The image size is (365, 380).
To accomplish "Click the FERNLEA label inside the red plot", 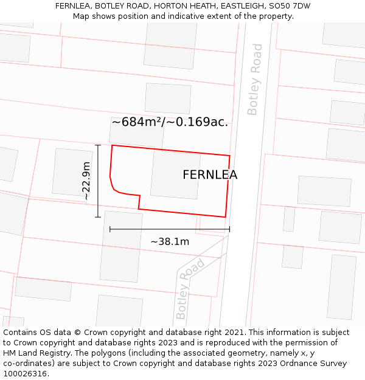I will coord(210,175).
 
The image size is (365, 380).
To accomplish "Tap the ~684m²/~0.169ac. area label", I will coord(169,122).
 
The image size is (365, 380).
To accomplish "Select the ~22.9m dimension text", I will coord(86,181).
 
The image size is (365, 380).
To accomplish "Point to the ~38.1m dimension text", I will coord(170,241).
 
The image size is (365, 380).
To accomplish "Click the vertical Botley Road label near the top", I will coord(254,79).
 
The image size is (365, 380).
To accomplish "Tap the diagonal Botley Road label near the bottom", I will coord(190,289).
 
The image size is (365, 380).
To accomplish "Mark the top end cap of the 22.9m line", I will coord(98,145).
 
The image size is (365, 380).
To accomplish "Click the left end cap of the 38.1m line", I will coord(110,229).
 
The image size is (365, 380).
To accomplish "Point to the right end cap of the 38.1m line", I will coord(229,229).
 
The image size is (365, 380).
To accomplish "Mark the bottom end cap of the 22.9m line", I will coord(98,217).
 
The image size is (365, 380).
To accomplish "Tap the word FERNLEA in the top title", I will coord(74,6).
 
